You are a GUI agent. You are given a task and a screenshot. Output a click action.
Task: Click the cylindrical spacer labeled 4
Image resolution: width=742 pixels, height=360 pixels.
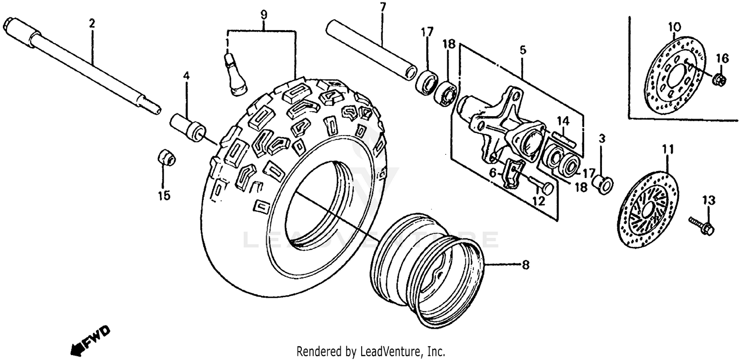(x=188, y=126)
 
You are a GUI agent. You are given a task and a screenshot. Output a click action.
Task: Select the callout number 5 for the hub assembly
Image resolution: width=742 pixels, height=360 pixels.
(x=523, y=49)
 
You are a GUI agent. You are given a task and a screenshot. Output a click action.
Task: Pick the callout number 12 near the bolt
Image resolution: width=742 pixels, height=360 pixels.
(x=538, y=201)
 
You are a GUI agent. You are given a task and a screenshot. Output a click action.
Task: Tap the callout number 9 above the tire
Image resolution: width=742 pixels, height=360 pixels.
(x=263, y=15)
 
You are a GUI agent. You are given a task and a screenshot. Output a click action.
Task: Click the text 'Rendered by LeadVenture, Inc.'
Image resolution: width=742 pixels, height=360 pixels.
(x=371, y=352)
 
